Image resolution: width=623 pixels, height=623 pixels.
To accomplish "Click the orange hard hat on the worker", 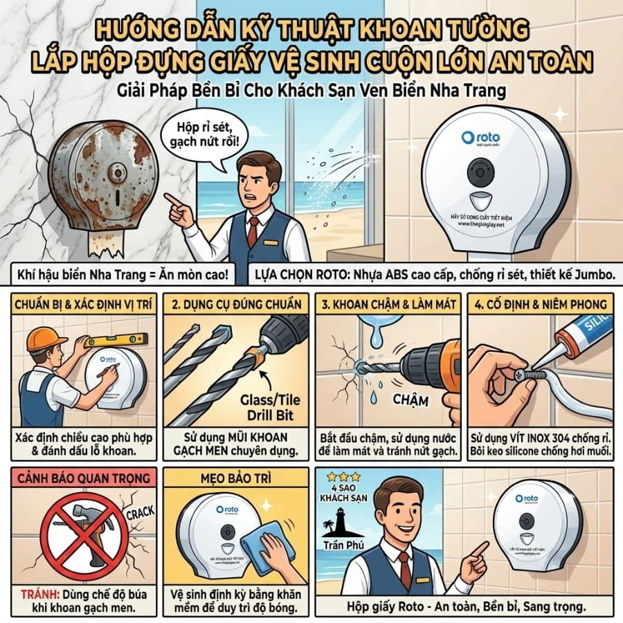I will point(45,338).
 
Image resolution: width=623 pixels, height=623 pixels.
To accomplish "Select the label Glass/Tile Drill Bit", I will point(266,408).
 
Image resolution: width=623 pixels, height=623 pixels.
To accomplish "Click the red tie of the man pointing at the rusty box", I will point(253,231).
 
